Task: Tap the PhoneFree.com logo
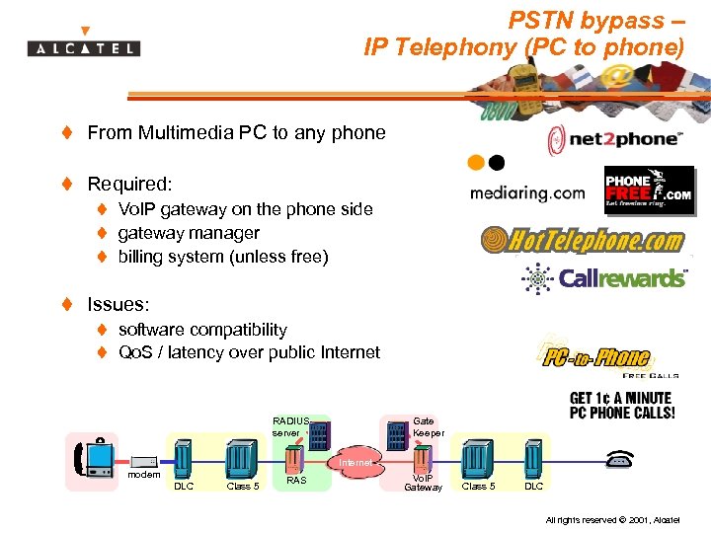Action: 649,190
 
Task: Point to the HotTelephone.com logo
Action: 583,240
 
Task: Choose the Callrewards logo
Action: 604,279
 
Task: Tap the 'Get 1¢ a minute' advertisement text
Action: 622,406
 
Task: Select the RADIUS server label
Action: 290,426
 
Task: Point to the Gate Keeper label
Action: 428,426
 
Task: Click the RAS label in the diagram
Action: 295,481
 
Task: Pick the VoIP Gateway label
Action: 423,483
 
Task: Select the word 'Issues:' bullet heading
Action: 119,305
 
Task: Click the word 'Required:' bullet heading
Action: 129,184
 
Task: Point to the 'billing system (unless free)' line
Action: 223,257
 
